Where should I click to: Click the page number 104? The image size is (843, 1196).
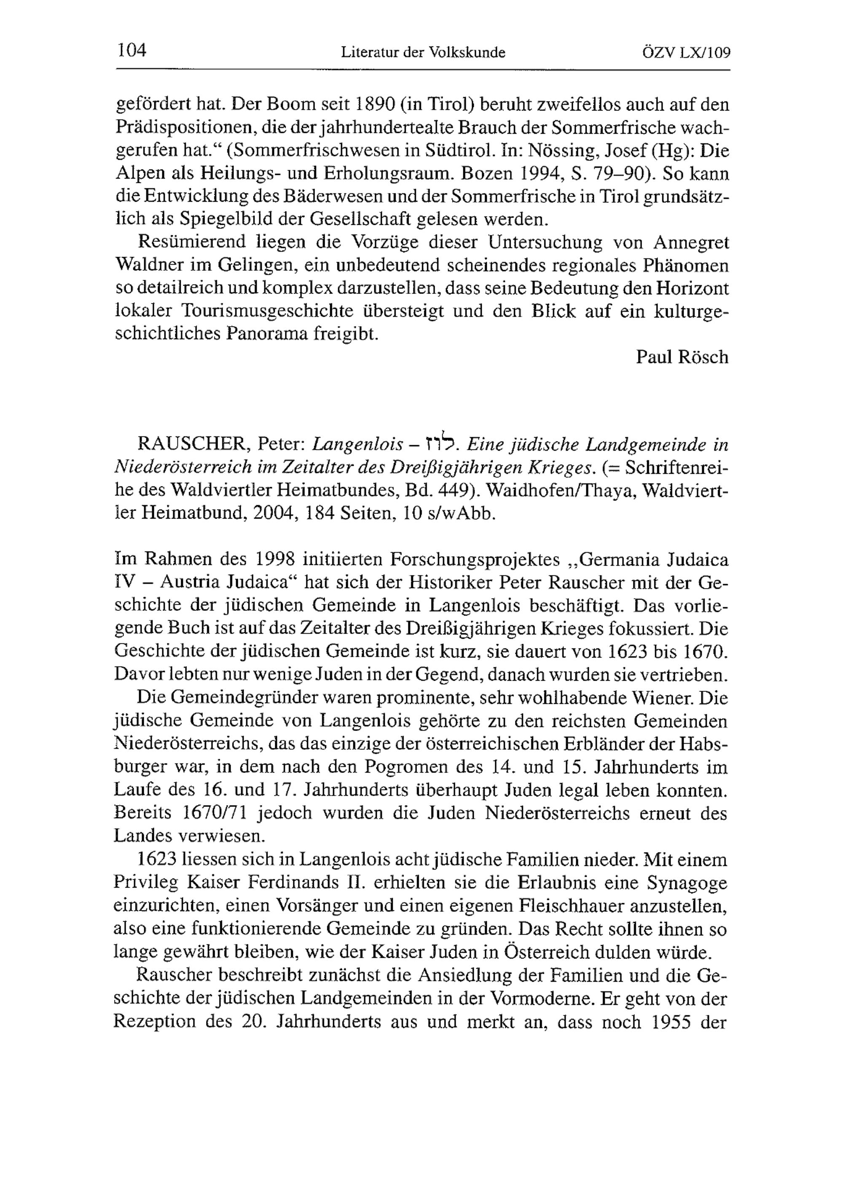pos(132,51)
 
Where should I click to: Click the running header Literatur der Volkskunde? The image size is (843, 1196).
pos(423,53)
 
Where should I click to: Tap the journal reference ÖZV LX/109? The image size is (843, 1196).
pos(687,53)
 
